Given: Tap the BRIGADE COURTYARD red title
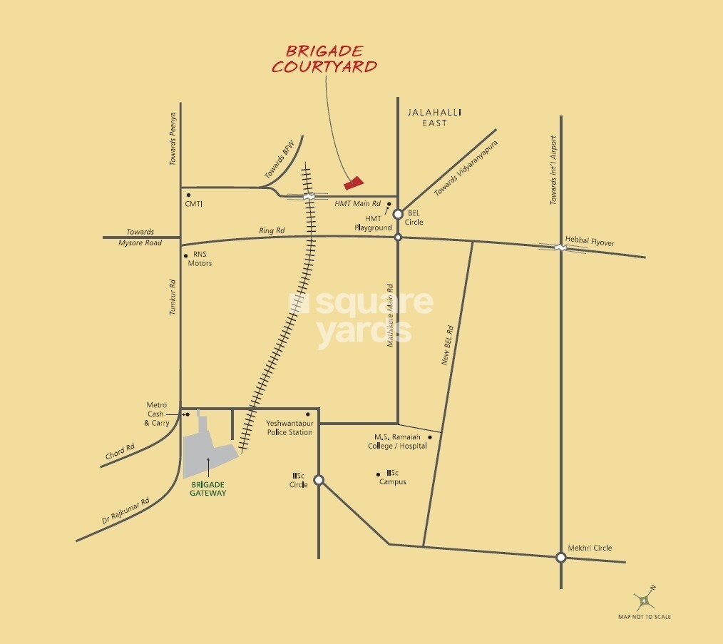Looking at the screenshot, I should (x=332, y=59).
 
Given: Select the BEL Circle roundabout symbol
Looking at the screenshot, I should (x=398, y=213).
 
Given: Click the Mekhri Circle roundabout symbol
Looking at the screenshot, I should (x=561, y=558).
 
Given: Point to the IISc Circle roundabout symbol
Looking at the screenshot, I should (x=319, y=480).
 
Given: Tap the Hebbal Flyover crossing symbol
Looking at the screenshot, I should (x=562, y=247).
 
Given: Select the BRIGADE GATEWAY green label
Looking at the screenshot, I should (x=208, y=489).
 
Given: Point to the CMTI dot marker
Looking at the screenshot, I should (x=188, y=195).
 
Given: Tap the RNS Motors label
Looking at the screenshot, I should (x=199, y=259).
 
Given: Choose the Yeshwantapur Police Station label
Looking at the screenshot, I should (x=289, y=428).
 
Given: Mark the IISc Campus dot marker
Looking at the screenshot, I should (x=378, y=474).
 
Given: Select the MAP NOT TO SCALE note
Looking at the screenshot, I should (x=644, y=617).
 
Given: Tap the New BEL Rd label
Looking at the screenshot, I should (x=447, y=346).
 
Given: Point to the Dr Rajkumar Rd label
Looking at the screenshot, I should (x=125, y=511).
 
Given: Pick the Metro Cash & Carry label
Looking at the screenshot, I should (x=157, y=414).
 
